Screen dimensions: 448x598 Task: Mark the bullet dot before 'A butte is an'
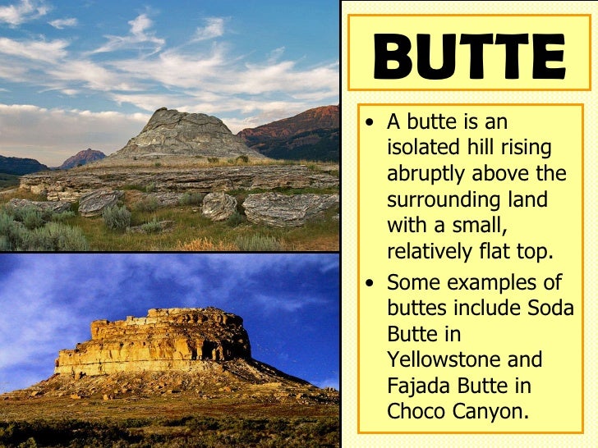click(x=372, y=124)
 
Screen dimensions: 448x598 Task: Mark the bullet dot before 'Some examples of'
click(x=372, y=284)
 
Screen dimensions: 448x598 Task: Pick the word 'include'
click(x=490, y=309)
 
